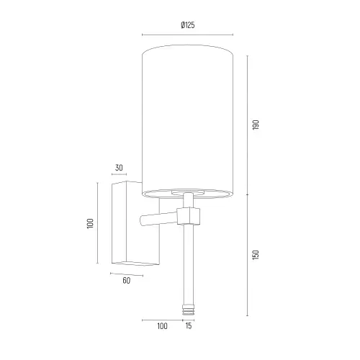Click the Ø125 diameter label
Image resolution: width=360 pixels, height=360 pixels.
[188, 25]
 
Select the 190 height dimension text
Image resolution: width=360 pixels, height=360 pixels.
[256, 125]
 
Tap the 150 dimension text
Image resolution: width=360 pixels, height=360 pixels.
[256, 255]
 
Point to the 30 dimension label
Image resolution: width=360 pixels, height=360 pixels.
[119, 168]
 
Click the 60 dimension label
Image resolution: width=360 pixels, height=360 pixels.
[127, 281]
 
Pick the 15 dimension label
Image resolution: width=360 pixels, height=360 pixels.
[189, 325]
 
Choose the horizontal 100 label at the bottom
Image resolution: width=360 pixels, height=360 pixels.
[162, 326]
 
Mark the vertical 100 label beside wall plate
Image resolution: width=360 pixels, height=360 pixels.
[90, 223]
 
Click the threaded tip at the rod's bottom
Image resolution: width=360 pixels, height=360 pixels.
[188, 310]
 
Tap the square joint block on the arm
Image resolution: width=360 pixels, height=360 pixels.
[189, 216]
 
